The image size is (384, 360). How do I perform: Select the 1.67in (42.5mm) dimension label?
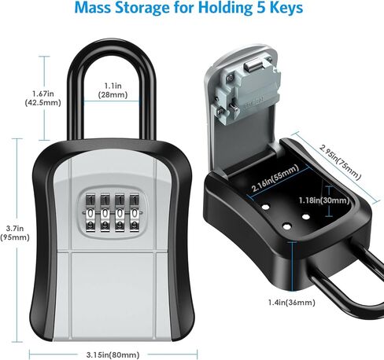(x=42, y=98)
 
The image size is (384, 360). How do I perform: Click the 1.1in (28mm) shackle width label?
(x=113, y=90)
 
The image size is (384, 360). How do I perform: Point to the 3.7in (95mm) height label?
(x=15, y=233)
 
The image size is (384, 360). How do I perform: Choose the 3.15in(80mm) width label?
(x=113, y=355)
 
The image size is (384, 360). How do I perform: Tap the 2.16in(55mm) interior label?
(x=275, y=178)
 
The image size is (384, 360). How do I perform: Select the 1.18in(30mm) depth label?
(x=324, y=200)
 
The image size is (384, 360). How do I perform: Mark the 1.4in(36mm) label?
(x=291, y=303)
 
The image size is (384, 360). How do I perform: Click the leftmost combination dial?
(x=90, y=213)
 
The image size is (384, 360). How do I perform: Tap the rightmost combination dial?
(x=135, y=213)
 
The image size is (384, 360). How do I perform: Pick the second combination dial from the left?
(x=105, y=213)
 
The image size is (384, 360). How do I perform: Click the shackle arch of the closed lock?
(x=112, y=46)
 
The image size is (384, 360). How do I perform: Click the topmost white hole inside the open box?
(x=265, y=207)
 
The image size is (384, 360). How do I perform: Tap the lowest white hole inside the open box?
(x=287, y=226)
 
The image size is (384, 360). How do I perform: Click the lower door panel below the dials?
(x=113, y=296)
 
